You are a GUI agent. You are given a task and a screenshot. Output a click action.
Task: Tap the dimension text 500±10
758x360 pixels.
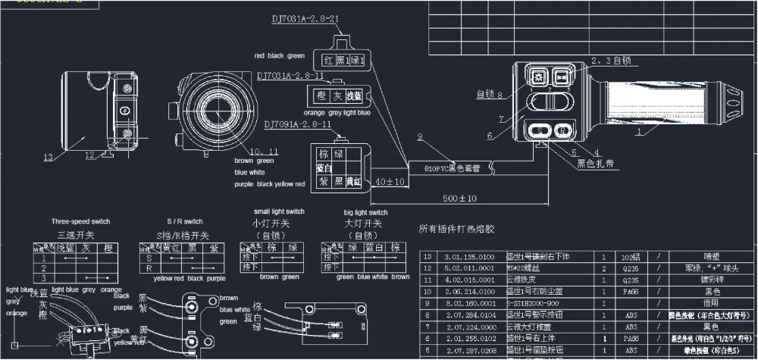click(x=461, y=198)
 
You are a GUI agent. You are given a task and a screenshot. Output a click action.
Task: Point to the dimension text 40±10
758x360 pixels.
click(x=389, y=182)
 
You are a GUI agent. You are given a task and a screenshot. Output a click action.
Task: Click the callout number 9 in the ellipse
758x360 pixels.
click(x=419, y=136)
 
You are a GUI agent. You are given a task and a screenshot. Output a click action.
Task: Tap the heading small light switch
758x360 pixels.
click(x=279, y=211)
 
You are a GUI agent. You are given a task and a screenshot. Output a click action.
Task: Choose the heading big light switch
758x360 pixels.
click(x=365, y=213)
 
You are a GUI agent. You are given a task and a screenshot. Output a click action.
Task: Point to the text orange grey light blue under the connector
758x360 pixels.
click(x=336, y=114)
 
